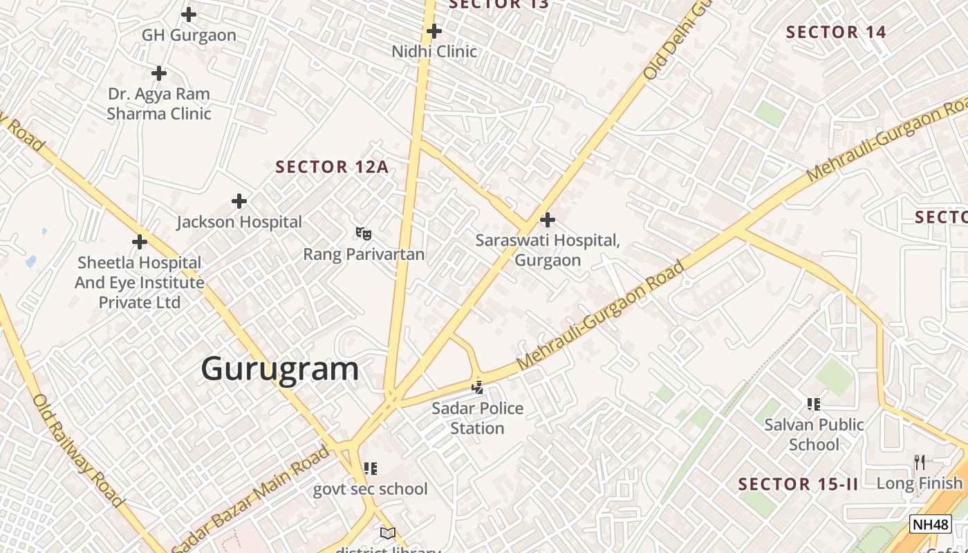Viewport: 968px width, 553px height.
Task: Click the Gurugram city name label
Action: [280, 369]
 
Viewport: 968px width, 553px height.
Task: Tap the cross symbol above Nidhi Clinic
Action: [434, 31]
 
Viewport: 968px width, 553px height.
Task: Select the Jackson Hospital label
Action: [239, 222]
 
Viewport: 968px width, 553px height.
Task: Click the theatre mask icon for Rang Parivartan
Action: [364, 234]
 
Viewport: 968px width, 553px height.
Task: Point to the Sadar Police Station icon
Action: [477, 388]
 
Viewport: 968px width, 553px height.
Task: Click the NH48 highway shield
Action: [930, 524]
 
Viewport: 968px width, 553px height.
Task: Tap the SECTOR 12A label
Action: [332, 167]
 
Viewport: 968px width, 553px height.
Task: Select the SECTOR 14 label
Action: [836, 32]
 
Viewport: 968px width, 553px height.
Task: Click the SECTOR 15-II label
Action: [798, 485]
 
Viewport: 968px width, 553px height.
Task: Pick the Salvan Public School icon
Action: [814, 404]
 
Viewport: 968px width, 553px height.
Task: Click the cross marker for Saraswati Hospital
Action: [548, 220]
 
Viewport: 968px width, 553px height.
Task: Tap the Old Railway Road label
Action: [77, 450]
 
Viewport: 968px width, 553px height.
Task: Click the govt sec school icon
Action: [371, 469]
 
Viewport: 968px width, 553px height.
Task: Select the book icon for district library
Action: [388, 533]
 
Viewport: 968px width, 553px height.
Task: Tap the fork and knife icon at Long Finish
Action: [920, 462]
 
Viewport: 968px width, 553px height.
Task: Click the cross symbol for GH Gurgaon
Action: [189, 14]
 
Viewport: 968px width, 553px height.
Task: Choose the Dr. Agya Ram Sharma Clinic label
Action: [159, 104]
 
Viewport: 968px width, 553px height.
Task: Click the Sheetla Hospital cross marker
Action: [140, 242]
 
